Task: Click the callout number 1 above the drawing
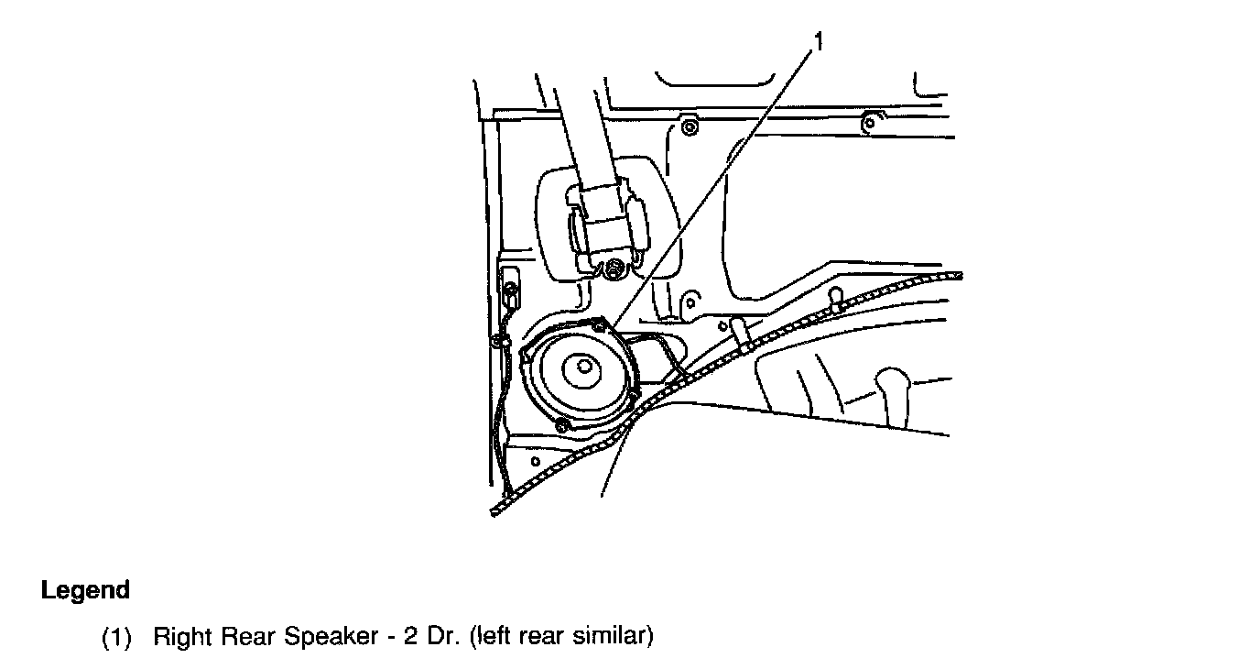(x=819, y=41)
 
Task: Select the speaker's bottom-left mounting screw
(x=561, y=423)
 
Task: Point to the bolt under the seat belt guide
(x=614, y=268)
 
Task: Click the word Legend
(x=85, y=590)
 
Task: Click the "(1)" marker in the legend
(x=117, y=636)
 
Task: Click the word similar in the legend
(x=615, y=636)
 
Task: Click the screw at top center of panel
(x=690, y=126)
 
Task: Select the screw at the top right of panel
(x=871, y=120)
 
